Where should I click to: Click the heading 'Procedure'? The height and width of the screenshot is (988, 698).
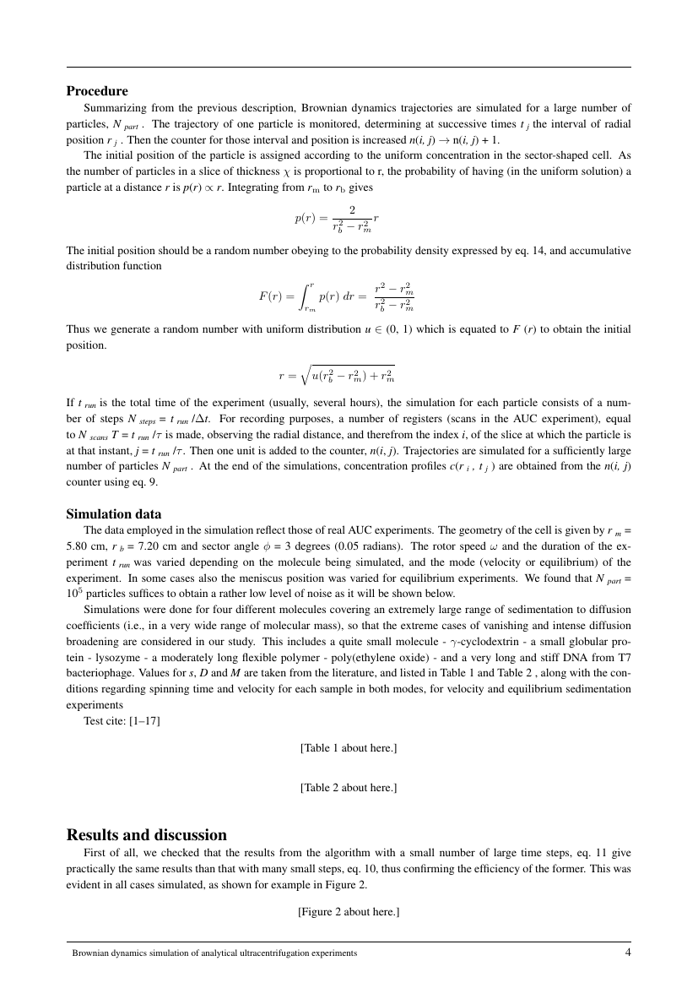coord(97,91)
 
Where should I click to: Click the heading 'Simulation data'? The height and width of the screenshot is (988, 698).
coord(114,513)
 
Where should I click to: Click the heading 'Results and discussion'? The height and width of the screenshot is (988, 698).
coord(146,835)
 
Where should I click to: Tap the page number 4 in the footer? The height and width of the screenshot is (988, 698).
coord(627,952)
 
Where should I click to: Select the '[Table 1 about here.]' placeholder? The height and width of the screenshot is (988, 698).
coord(348,748)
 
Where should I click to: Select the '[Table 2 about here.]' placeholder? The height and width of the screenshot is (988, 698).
coord(348,787)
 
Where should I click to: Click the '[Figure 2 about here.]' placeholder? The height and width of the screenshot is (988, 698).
coord(348,912)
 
